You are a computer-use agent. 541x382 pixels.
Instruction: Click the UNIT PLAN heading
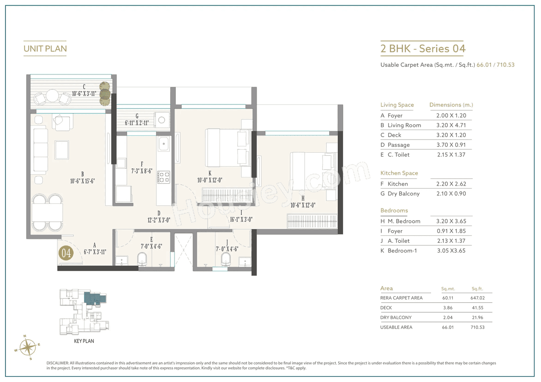[45, 49]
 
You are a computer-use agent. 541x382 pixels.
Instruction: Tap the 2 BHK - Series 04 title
[423, 49]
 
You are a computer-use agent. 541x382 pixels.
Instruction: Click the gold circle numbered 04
[67, 253]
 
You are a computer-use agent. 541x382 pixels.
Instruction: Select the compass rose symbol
[27, 347]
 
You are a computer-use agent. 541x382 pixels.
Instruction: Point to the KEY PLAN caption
[84, 341]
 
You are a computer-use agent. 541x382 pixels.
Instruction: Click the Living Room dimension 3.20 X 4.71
[451, 125]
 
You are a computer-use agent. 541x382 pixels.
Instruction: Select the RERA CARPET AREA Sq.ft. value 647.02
[477, 298]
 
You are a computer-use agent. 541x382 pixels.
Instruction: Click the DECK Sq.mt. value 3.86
[448, 308]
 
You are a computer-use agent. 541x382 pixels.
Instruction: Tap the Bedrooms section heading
[394, 211]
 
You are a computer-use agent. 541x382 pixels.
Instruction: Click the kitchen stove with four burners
[164, 177]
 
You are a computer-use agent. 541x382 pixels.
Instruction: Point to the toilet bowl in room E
[142, 259]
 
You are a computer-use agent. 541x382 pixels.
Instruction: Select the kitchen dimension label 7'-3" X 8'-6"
[142, 170]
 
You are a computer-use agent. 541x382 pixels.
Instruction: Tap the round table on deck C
[52, 96]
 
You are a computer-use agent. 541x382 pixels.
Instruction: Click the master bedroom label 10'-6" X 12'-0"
[303, 206]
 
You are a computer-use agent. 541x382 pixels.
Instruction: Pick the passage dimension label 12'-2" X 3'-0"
[158, 220]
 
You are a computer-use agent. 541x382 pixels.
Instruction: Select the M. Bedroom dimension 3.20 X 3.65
[451, 221]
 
